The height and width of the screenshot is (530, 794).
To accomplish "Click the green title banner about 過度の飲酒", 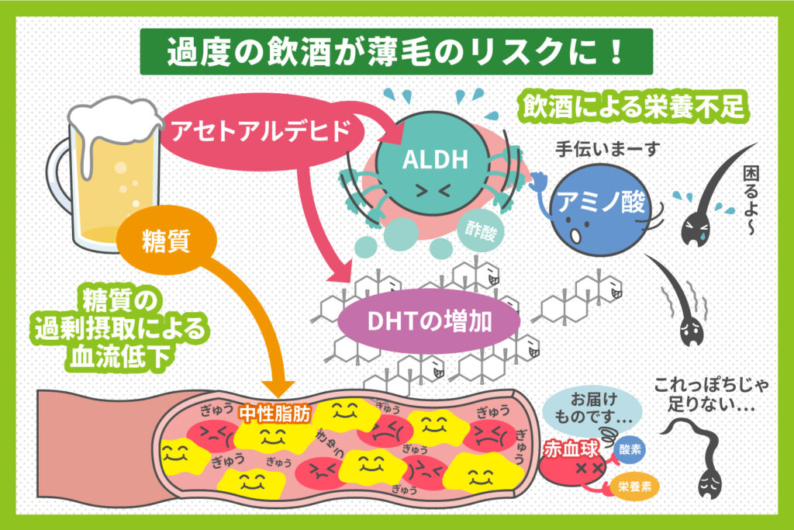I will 396,52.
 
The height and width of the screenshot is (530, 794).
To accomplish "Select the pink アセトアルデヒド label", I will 257,133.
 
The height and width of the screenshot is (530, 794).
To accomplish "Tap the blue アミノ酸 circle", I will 595,206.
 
